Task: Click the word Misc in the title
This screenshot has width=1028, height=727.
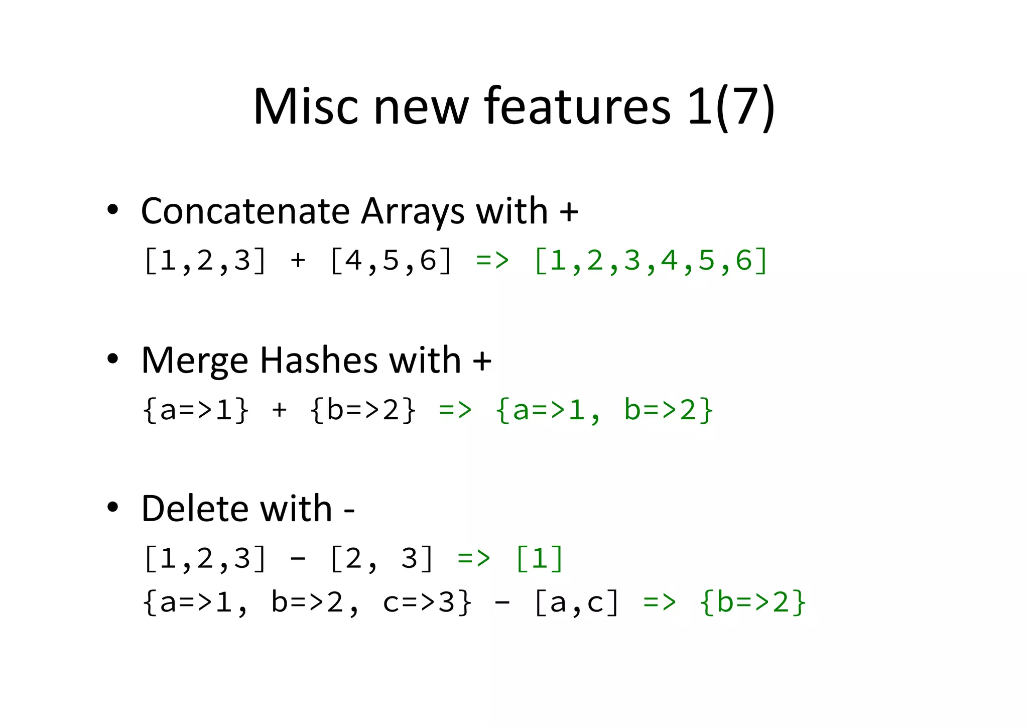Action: pyautogui.click(x=305, y=106)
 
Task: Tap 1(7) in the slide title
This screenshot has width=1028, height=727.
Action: pyautogui.click(x=731, y=106)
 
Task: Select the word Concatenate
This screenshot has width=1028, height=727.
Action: pyautogui.click(x=245, y=211)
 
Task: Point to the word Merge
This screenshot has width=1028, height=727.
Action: pyautogui.click(x=195, y=360)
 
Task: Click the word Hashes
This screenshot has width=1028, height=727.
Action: pyautogui.click(x=318, y=360)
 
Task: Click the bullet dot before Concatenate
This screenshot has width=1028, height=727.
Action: pyautogui.click(x=113, y=210)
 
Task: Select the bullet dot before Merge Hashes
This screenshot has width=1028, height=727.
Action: pyautogui.click(x=113, y=359)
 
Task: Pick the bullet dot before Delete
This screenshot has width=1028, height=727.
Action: pyautogui.click(x=113, y=508)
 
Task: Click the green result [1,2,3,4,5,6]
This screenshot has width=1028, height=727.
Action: pyautogui.click(x=651, y=261)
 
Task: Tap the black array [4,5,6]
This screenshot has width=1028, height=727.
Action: pyautogui.click(x=391, y=261)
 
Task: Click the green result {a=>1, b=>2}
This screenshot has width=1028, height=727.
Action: pyautogui.click(x=603, y=410)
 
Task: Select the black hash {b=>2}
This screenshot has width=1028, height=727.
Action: pyautogui.click(x=363, y=410)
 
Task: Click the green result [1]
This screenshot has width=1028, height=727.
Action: pyautogui.click(x=539, y=558)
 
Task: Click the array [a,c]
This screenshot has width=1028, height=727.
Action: pyautogui.click(x=577, y=602)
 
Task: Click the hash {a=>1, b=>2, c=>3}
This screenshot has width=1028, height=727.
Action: pyautogui.click(x=307, y=602)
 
